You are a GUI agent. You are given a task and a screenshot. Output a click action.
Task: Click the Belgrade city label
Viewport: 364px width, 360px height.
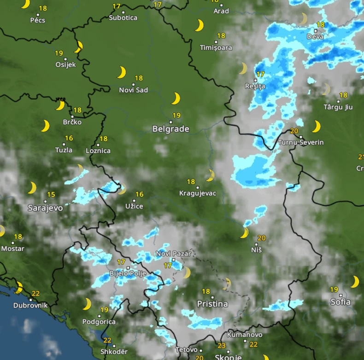170,129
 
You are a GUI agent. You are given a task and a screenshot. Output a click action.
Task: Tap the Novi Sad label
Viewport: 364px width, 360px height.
134,90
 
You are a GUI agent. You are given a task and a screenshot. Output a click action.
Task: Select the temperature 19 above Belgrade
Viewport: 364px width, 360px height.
176,116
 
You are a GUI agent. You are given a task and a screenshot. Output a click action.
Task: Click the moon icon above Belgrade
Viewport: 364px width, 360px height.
176,99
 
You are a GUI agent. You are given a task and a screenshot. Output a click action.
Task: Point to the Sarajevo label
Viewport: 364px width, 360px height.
45,208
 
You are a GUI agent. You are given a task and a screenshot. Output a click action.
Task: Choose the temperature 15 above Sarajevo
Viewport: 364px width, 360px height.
51,195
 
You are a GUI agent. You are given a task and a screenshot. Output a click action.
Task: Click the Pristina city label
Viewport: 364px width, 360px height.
212,304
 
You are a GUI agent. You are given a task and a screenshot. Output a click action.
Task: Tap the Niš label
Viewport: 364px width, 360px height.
257,250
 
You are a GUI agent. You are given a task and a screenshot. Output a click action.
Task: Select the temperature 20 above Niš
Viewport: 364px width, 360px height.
262,238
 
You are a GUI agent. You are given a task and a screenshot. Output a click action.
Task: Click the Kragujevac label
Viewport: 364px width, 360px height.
198,193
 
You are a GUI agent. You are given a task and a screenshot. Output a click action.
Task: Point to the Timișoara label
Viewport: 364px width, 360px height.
216,47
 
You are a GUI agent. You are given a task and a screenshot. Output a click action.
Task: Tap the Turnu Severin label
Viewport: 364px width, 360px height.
301,143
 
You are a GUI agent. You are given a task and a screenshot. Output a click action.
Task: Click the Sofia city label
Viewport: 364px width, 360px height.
341,302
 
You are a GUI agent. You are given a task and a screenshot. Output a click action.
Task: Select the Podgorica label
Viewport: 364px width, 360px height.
99,322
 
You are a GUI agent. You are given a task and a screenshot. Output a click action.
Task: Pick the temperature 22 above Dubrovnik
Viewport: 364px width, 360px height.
35,294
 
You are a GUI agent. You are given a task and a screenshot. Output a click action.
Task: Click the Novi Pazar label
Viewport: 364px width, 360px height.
170,254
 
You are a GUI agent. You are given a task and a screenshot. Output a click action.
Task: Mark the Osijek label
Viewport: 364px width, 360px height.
65,65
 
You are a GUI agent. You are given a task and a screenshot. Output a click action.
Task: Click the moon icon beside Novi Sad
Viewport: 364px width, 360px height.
121,72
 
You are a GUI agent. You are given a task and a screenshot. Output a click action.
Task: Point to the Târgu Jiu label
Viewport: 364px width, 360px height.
338,107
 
